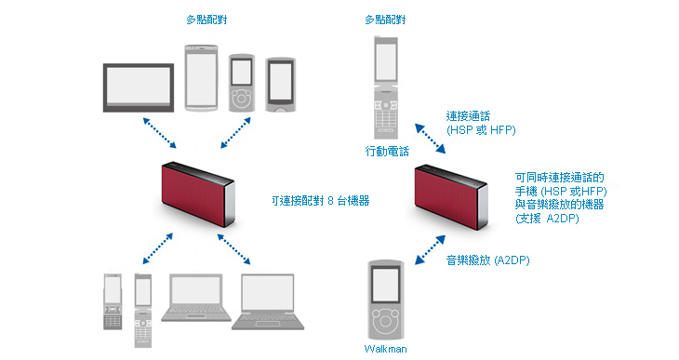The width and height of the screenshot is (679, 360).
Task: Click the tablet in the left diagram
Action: (139, 88)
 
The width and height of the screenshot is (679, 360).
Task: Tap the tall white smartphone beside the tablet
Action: (201, 77)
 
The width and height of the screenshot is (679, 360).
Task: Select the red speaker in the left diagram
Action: (198, 194)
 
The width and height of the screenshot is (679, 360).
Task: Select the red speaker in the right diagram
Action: (451, 197)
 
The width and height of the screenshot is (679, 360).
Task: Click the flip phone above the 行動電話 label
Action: (386, 87)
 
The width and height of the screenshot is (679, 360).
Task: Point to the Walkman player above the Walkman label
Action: (385, 300)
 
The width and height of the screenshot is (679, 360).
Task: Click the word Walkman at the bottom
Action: (385, 349)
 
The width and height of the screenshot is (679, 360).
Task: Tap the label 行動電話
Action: (387, 152)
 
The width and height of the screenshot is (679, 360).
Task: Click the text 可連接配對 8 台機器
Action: (321, 201)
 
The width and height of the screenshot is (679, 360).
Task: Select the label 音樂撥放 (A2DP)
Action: (488, 260)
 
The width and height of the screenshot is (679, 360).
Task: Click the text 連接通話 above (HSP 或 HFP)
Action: (468, 116)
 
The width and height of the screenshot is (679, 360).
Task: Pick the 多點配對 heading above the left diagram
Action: (206, 20)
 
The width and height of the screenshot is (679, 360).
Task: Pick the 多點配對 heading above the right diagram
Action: (385, 20)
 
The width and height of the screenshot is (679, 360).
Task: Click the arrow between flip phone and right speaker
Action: (430, 139)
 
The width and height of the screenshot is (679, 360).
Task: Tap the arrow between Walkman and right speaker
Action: (430, 250)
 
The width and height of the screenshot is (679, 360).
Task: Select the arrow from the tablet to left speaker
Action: (159, 133)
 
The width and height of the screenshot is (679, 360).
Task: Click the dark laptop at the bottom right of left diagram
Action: (268, 302)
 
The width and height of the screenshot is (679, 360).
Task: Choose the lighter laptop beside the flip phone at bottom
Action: (196, 298)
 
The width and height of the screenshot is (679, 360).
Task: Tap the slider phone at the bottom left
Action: (113, 301)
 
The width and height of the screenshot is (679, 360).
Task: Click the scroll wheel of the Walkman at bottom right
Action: (385, 321)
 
